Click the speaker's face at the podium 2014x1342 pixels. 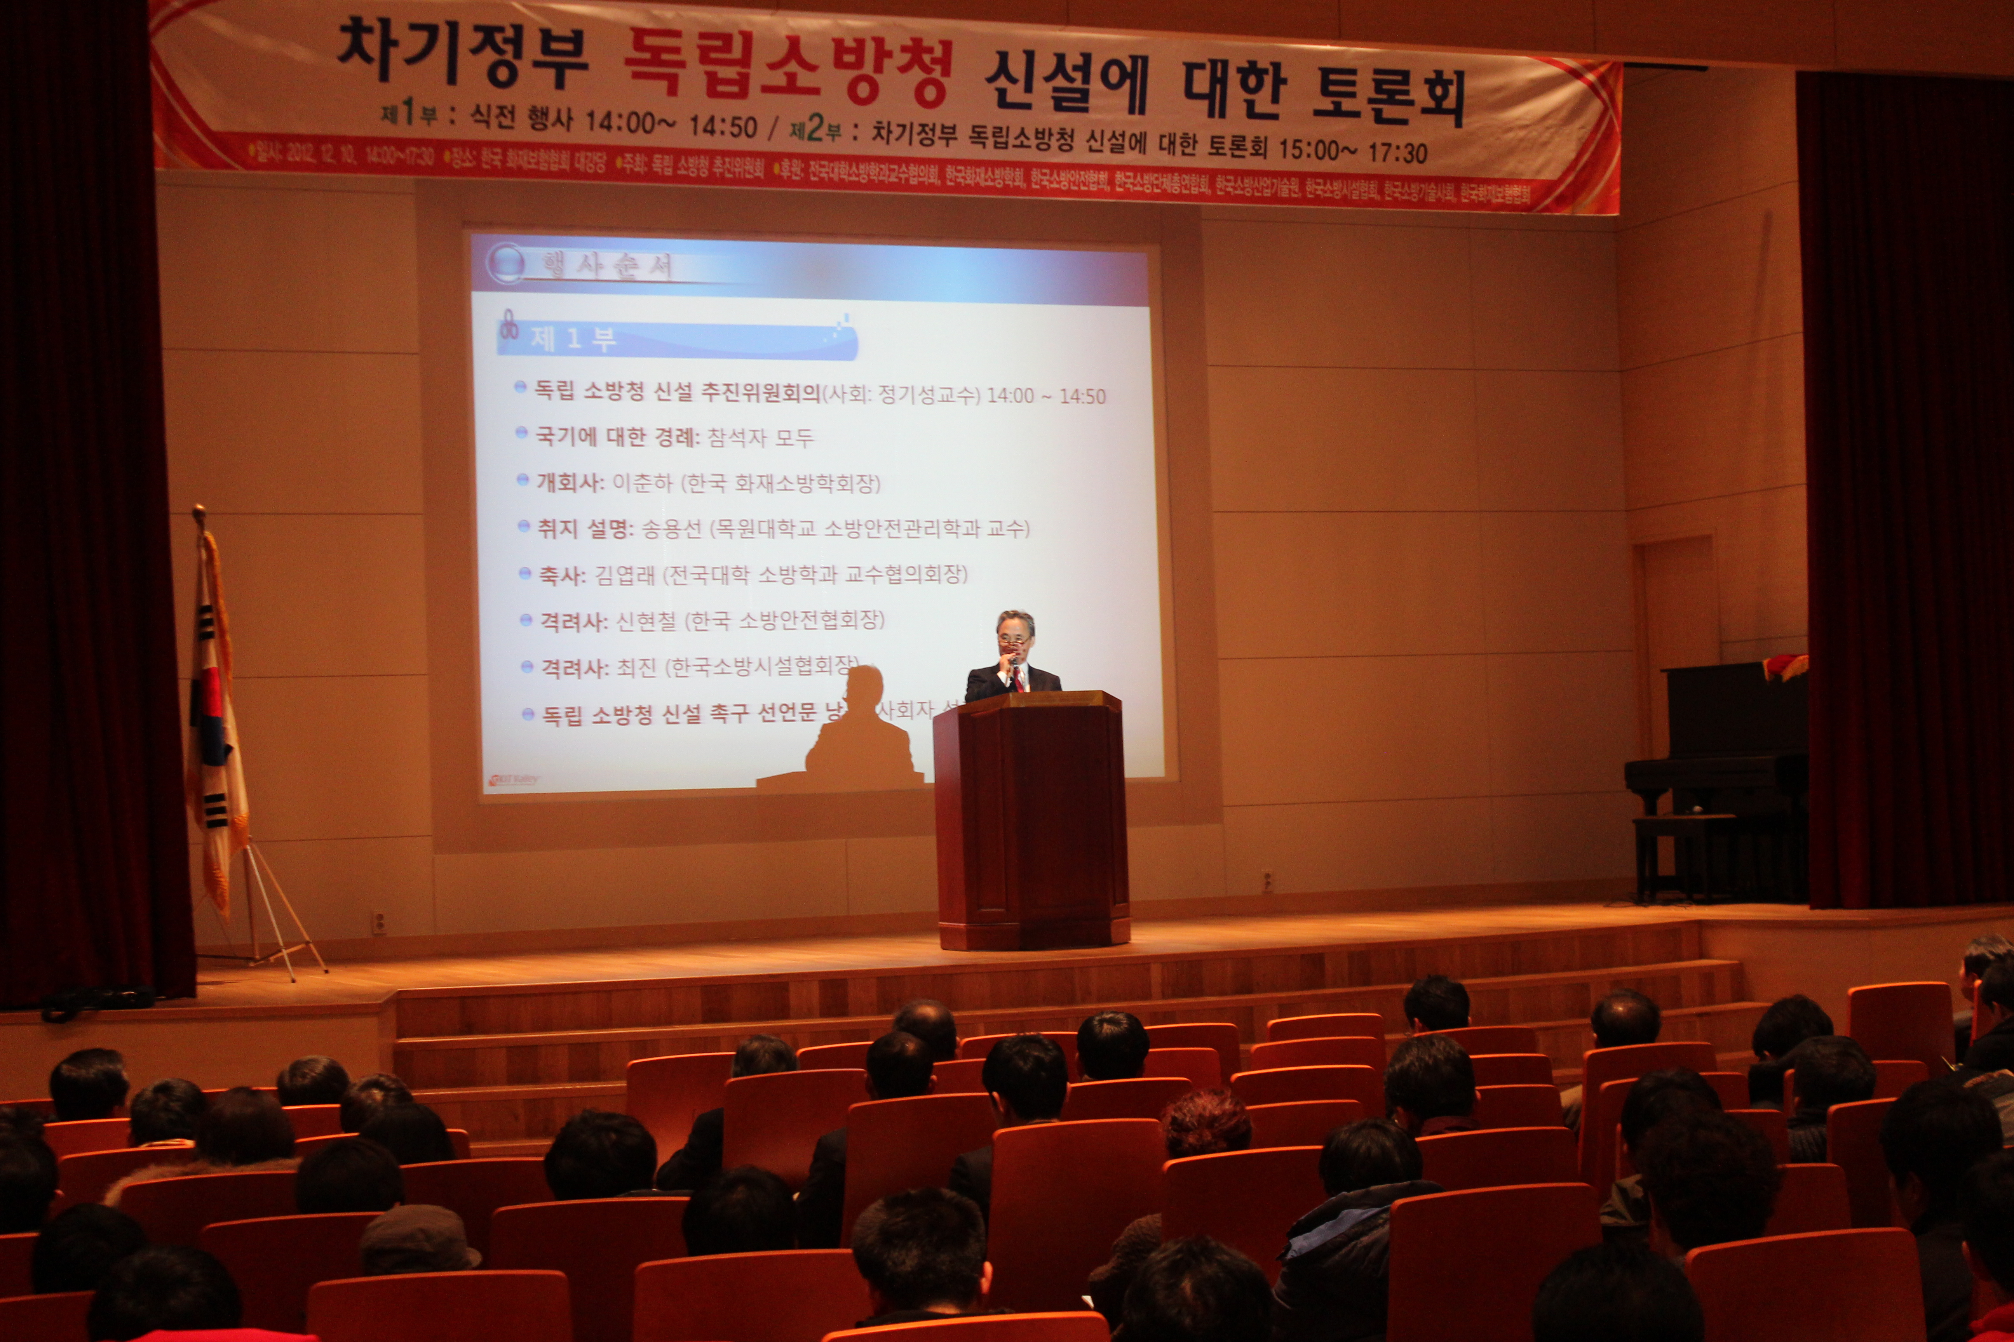click(x=1016, y=636)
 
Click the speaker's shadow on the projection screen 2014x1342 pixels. click(x=861, y=727)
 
